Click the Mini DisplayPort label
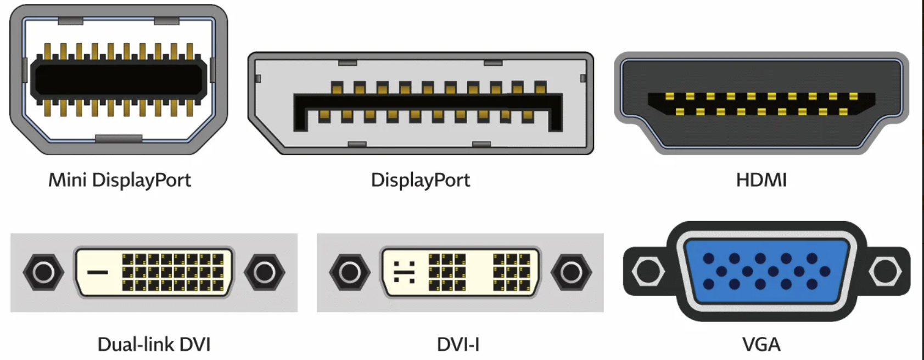120,180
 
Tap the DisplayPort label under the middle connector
421,180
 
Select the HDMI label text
761,180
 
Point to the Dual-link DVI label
154,344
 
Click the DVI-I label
458,344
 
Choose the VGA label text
761,344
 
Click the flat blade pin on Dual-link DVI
98,272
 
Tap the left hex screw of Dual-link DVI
43,272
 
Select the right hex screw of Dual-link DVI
265,272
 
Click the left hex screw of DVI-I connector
350,272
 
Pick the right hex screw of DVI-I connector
571,272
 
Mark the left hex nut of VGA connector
648,271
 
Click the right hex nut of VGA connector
885,271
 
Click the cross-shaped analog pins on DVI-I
404,272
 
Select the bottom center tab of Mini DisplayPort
119,138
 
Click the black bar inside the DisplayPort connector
428,103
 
